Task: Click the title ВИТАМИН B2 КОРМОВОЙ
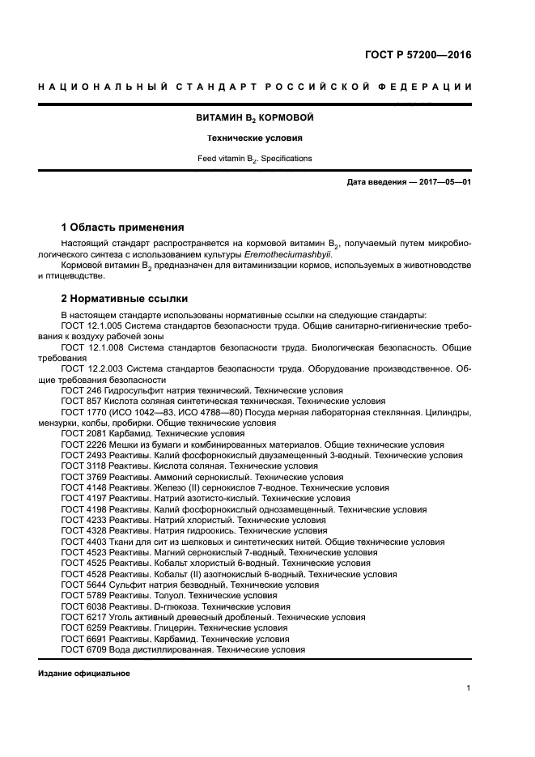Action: pos(255,118)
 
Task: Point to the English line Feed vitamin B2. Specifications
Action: pos(255,159)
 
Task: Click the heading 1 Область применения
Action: pos(123,227)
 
